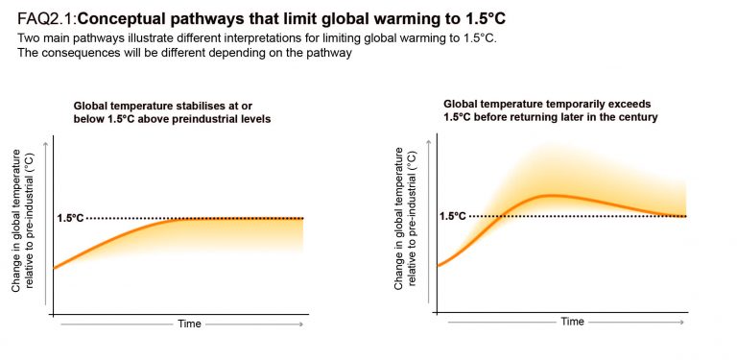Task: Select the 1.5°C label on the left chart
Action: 71,219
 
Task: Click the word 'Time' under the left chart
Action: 189,324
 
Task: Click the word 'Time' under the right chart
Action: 572,322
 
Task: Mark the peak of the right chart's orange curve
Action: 551,195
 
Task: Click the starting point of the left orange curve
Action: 55,268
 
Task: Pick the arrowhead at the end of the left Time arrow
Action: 303,324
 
